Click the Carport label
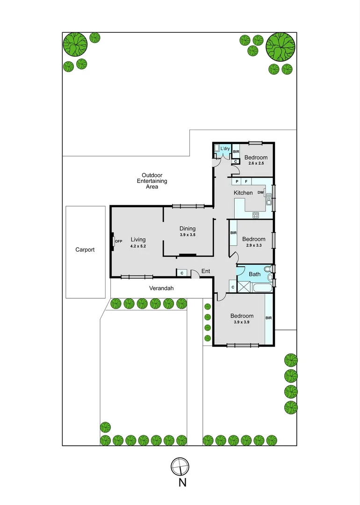(x=85, y=250)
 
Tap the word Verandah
(x=161, y=289)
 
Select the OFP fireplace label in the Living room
(x=118, y=241)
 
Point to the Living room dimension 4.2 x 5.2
(x=138, y=246)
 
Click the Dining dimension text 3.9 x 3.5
(x=187, y=235)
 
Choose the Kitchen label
(x=243, y=193)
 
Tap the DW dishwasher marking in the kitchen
(x=260, y=193)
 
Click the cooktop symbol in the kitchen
(x=256, y=215)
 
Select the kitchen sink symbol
(x=269, y=201)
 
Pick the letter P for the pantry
(x=237, y=181)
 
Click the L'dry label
(x=225, y=149)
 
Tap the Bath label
(x=254, y=274)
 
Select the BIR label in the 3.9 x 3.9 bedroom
(x=268, y=318)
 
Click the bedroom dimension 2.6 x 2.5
(x=256, y=164)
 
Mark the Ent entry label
(x=206, y=271)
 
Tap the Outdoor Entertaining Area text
(x=151, y=181)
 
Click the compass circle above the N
(x=180, y=466)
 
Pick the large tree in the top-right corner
(x=281, y=47)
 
